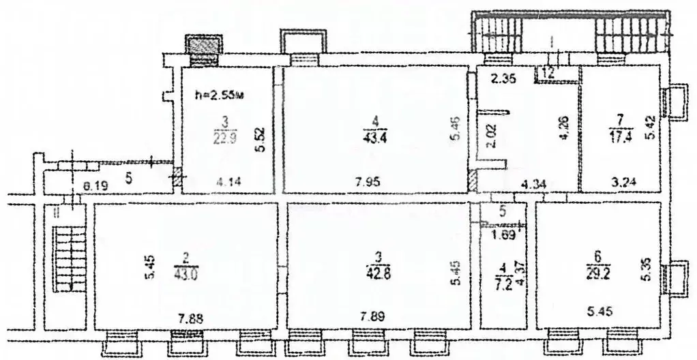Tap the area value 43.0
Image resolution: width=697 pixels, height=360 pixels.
(x=184, y=269)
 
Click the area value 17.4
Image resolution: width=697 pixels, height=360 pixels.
(x=619, y=134)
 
